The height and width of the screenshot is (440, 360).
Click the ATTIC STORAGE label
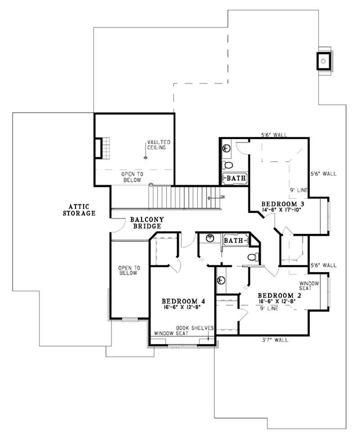tap(79, 209)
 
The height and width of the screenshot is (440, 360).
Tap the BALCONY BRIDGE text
tap(147, 223)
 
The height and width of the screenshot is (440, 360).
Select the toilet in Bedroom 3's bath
tap(228, 164)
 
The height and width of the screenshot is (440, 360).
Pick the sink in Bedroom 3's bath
tap(226, 147)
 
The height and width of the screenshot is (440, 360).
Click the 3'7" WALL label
tap(274, 340)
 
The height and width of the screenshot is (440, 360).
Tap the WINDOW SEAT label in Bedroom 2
tap(309, 286)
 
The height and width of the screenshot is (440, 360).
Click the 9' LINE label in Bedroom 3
tap(298, 190)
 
